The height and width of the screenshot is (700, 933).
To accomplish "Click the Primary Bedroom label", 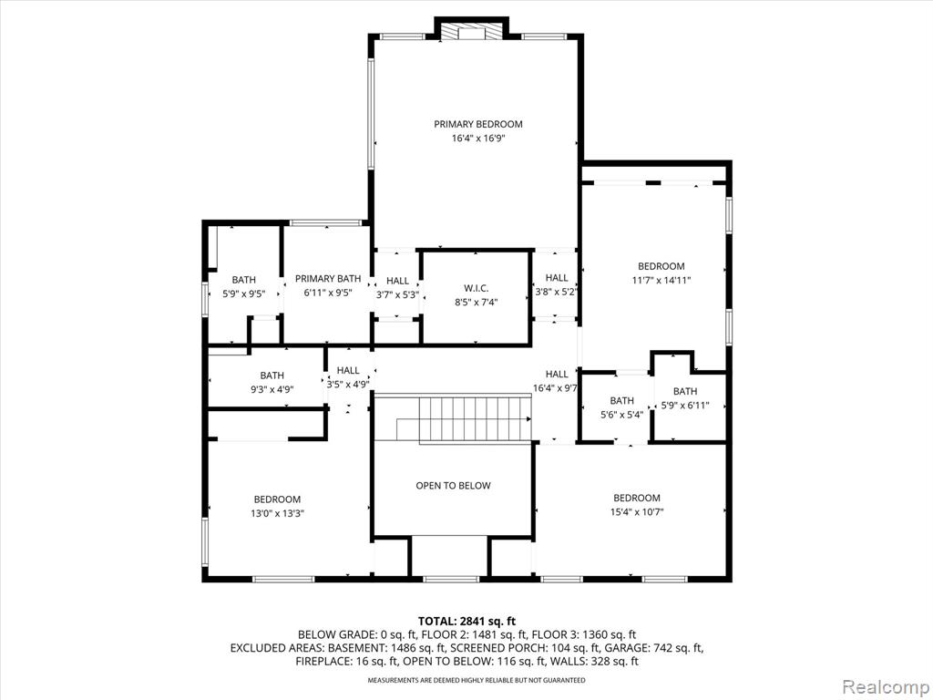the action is click(477, 124).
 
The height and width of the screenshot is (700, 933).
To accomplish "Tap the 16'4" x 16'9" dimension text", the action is click(477, 139).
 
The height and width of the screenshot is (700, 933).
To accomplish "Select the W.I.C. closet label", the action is click(476, 288).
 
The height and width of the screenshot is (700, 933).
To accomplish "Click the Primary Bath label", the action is click(328, 279).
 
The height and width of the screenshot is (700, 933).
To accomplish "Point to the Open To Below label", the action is click(454, 486).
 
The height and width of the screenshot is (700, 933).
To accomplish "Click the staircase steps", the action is click(475, 419).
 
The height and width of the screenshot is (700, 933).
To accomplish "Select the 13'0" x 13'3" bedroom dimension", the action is click(277, 514).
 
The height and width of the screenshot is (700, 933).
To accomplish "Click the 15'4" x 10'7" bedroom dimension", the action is click(637, 512).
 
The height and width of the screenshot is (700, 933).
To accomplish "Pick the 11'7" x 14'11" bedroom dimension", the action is click(661, 281).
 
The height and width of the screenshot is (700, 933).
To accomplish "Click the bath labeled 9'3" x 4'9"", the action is click(272, 383).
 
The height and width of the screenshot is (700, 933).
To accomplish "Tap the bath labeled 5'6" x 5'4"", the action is click(621, 407).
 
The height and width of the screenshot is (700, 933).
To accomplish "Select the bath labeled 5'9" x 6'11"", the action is click(685, 399).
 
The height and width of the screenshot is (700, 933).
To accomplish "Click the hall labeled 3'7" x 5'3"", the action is click(397, 287).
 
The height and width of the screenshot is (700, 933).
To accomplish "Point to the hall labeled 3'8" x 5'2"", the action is click(557, 284).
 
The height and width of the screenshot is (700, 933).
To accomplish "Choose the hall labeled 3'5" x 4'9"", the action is click(348, 377).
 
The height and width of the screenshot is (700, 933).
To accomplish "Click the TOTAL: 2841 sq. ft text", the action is click(466, 622).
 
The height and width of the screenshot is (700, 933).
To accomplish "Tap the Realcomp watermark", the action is click(886, 686).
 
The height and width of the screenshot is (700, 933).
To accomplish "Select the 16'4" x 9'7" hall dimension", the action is click(557, 388).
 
